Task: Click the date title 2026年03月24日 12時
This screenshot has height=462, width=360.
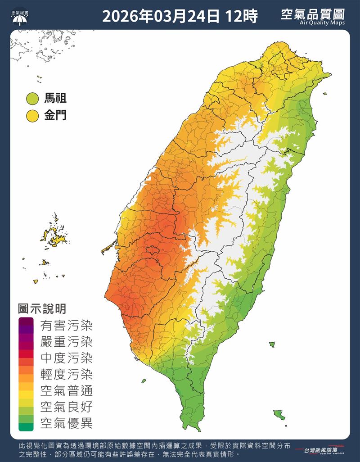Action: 180,17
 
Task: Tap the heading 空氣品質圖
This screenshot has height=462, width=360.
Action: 313,14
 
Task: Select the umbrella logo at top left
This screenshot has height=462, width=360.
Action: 19,17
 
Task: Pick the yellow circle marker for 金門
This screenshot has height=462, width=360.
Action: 32,116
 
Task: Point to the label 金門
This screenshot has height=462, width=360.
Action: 55,116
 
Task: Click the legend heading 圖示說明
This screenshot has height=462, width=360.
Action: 42,308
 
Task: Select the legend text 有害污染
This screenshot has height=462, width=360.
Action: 66,325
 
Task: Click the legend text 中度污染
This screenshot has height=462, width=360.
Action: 66,358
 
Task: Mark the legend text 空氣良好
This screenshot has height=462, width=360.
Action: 66,407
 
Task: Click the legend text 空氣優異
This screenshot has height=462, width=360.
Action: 66,423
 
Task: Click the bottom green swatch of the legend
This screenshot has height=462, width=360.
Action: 26,426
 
